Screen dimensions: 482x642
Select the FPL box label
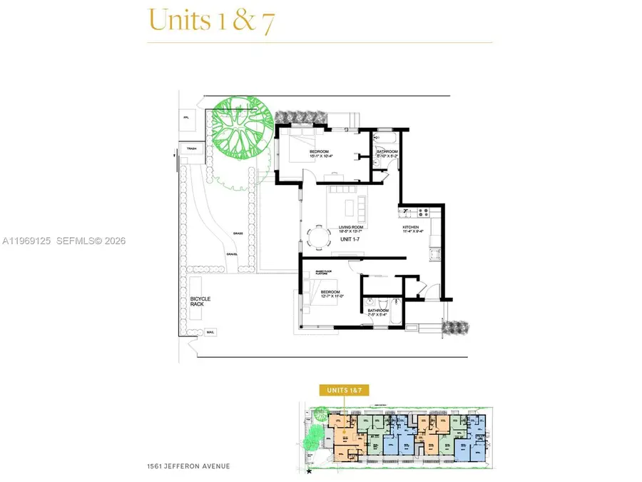(186, 116)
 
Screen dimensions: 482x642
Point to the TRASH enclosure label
(190, 149)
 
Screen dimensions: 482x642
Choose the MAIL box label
(210, 333)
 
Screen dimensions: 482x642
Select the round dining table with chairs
(315, 237)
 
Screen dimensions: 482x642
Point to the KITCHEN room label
(413, 228)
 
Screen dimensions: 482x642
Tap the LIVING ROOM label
(352, 228)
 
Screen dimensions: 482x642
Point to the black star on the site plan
(310, 471)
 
